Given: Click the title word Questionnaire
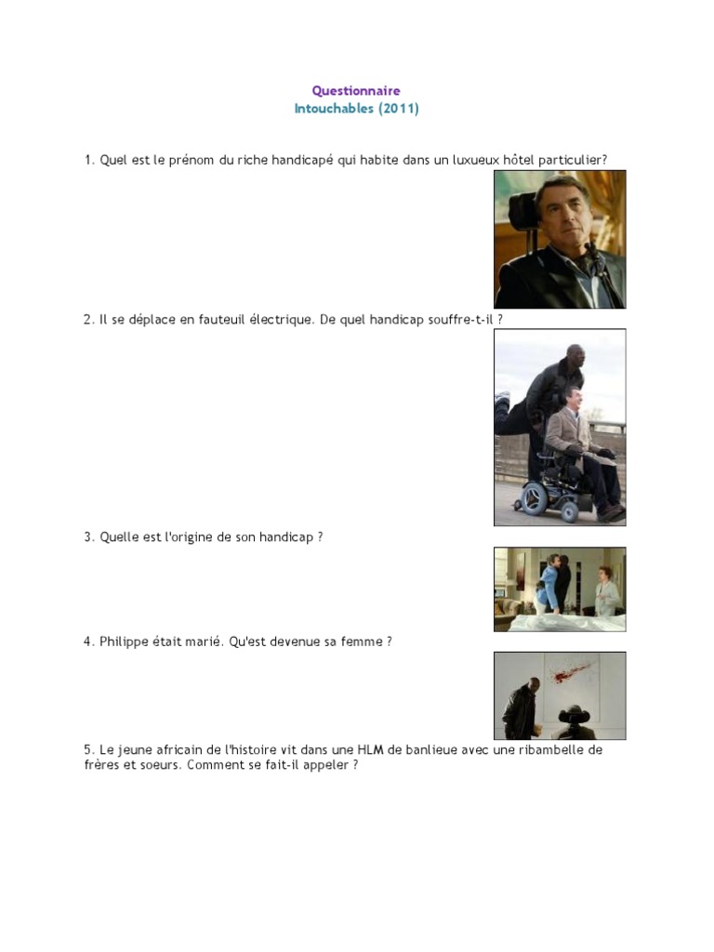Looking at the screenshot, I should [x=356, y=91].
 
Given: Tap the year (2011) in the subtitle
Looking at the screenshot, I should [x=398, y=109].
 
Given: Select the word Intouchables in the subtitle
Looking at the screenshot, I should [x=334, y=109].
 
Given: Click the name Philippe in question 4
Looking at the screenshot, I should [x=125, y=642].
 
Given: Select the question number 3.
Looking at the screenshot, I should [x=88, y=537].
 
